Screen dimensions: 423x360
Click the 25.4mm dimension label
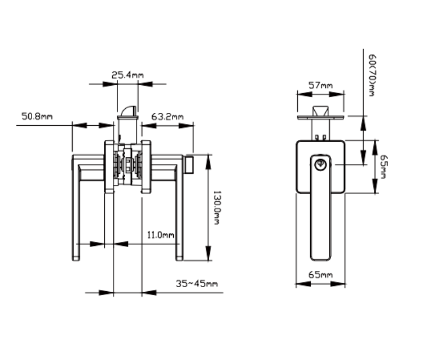coord(127,74)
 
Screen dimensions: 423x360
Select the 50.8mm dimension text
coord(37,116)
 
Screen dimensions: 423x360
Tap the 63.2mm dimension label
coord(168,117)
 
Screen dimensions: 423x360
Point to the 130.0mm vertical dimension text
coord(217,208)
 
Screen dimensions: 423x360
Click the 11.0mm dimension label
coord(161,235)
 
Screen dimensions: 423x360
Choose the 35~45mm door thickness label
coord(197,284)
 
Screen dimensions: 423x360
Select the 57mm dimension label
coord(320,85)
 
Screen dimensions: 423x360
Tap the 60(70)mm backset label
coord(372,75)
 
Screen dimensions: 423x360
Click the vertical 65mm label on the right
coord(384,166)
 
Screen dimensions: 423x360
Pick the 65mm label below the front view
coord(320,275)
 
